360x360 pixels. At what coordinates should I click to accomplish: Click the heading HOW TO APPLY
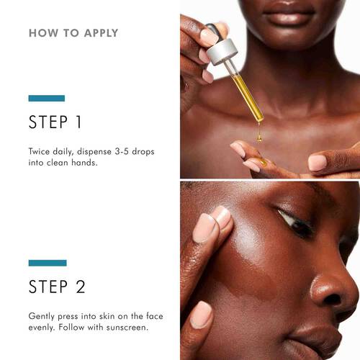click(x=73, y=33)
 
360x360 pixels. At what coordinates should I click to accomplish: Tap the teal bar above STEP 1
click(x=46, y=98)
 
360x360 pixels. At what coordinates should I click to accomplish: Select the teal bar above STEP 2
click(x=48, y=263)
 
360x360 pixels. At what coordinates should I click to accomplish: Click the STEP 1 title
click(x=55, y=122)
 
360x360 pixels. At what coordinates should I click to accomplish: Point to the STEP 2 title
click(x=57, y=287)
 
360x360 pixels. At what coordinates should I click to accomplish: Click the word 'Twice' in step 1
click(x=40, y=153)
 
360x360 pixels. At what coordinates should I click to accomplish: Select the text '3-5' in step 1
click(x=118, y=153)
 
